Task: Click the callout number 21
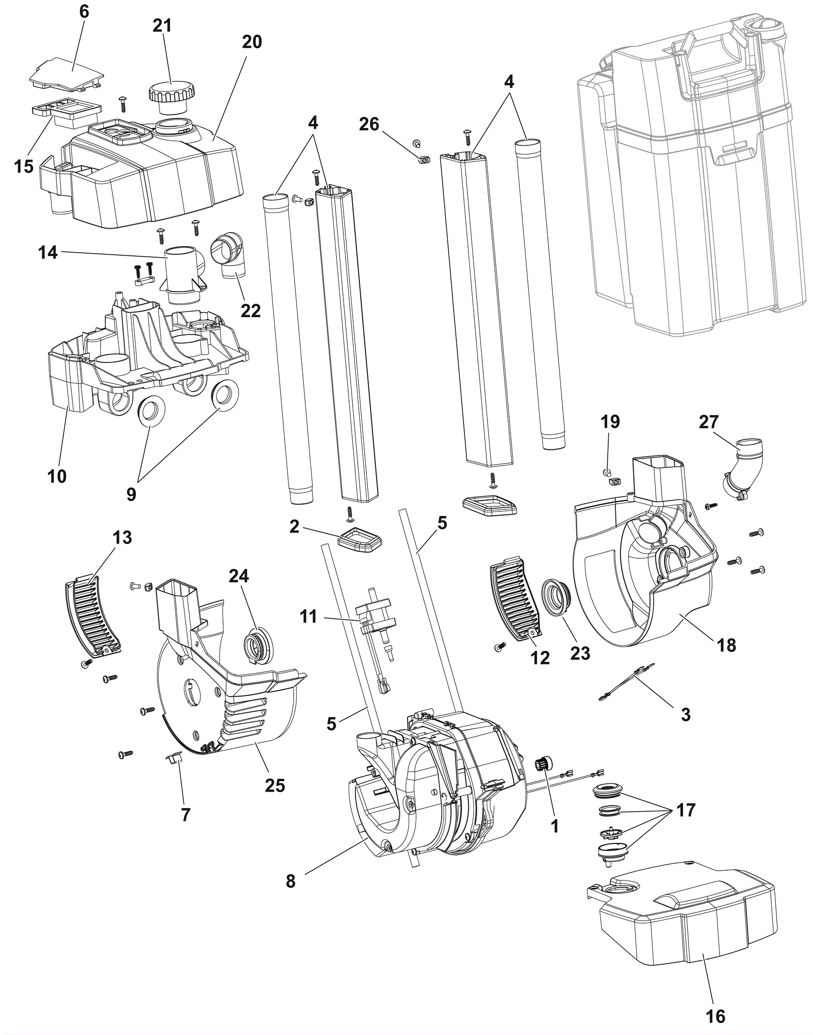tap(162, 25)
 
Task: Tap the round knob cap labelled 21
tap(171, 97)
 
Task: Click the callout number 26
tap(369, 124)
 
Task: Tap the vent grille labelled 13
tap(93, 619)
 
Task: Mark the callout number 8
tap(291, 881)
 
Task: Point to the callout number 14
tap(48, 252)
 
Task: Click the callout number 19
tap(610, 421)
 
